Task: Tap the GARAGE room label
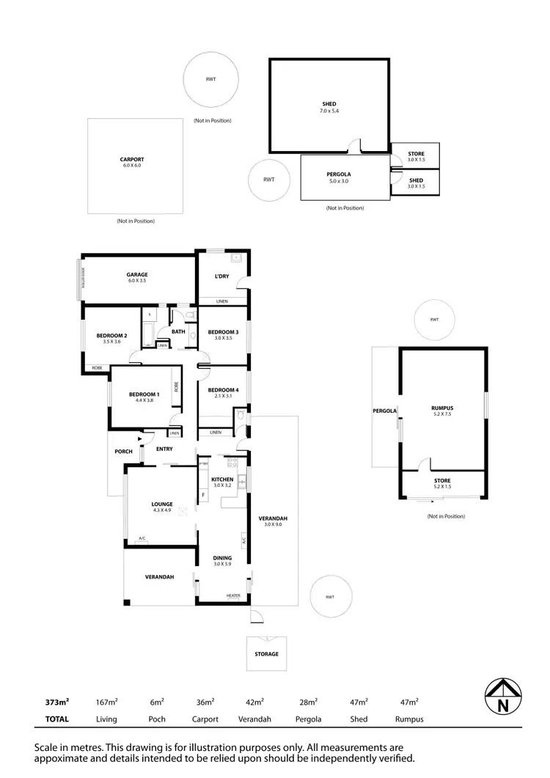tap(137, 275)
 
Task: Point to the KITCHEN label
tap(221, 479)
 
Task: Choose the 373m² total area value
tap(56, 702)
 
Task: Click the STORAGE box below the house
tap(266, 653)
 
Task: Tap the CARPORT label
tap(132, 159)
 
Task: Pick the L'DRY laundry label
tap(222, 276)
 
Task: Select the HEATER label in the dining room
tap(233, 595)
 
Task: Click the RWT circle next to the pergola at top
tap(269, 179)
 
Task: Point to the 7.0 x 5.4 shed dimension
tap(329, 111)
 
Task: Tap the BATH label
tap(178, 331)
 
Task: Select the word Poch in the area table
tap(157, 719)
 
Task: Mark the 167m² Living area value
tap(107, 702)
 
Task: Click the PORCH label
tap(123, 452)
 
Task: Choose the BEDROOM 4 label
tap(222, 390)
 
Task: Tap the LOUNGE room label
tap(161, 504)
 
